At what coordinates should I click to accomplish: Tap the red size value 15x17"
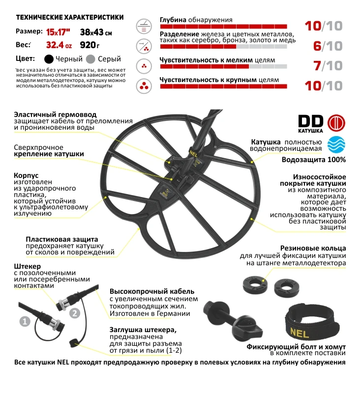point(59,33)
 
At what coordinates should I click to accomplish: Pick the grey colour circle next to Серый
point(90,59)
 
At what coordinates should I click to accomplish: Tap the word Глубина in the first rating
point(173,21)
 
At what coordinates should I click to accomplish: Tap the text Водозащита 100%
point(314,160)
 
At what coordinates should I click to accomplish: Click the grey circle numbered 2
point(74,312)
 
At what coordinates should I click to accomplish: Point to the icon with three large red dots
point(144,84)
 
